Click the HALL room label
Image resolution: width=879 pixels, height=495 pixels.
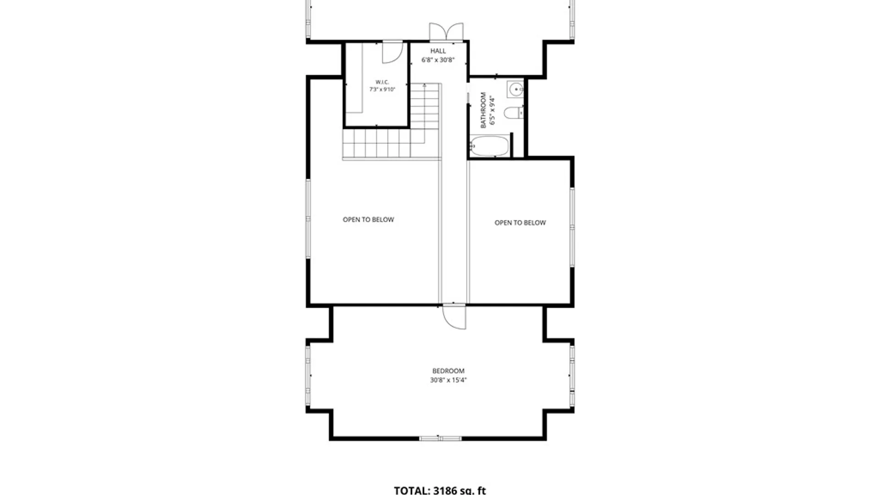[x=438, y=51]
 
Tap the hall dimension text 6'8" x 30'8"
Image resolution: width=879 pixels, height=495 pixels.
[x=438, y=60]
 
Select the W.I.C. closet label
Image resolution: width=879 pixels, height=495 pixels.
[x=382, y=82]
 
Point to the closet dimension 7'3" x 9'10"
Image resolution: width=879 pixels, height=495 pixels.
[x=382, y=89]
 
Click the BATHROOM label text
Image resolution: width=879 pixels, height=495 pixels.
[x=483, y=110]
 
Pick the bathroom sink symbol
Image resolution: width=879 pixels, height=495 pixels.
[x=515, y=89]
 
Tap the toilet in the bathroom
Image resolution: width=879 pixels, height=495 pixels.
[x=514, y=112]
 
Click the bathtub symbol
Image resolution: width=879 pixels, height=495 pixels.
[x=489, y=146]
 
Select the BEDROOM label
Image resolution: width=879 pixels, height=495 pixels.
[x=448, y=371]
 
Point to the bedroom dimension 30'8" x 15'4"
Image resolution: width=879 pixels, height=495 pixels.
[x=448, y=380]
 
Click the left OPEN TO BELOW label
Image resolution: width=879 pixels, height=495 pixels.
[x=368, y=220]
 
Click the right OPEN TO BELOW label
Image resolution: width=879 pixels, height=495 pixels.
[x=520, y=223]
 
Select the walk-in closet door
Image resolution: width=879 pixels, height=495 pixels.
[x=393, y=52]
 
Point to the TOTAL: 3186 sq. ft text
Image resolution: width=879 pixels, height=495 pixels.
[x=440, y=490]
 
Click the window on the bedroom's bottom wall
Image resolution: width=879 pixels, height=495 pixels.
[x=440, y=438]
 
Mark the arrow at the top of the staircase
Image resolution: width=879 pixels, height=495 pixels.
[x=424, y=85]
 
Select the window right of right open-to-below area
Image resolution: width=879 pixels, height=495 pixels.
[x=572, y=227]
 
